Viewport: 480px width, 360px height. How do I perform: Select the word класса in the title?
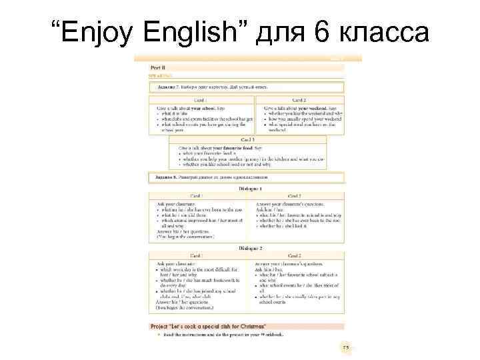[x=387, y=31]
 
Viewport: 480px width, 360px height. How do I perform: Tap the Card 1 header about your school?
[x=201, y=101]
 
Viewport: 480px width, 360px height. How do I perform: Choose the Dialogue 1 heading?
[x=247, y=190]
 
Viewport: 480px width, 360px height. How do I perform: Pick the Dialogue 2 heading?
[x=247, y=248]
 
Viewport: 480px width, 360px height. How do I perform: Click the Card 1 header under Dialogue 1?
[x=197, y=196]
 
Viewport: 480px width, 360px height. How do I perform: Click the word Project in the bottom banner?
[x=162, y=326]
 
